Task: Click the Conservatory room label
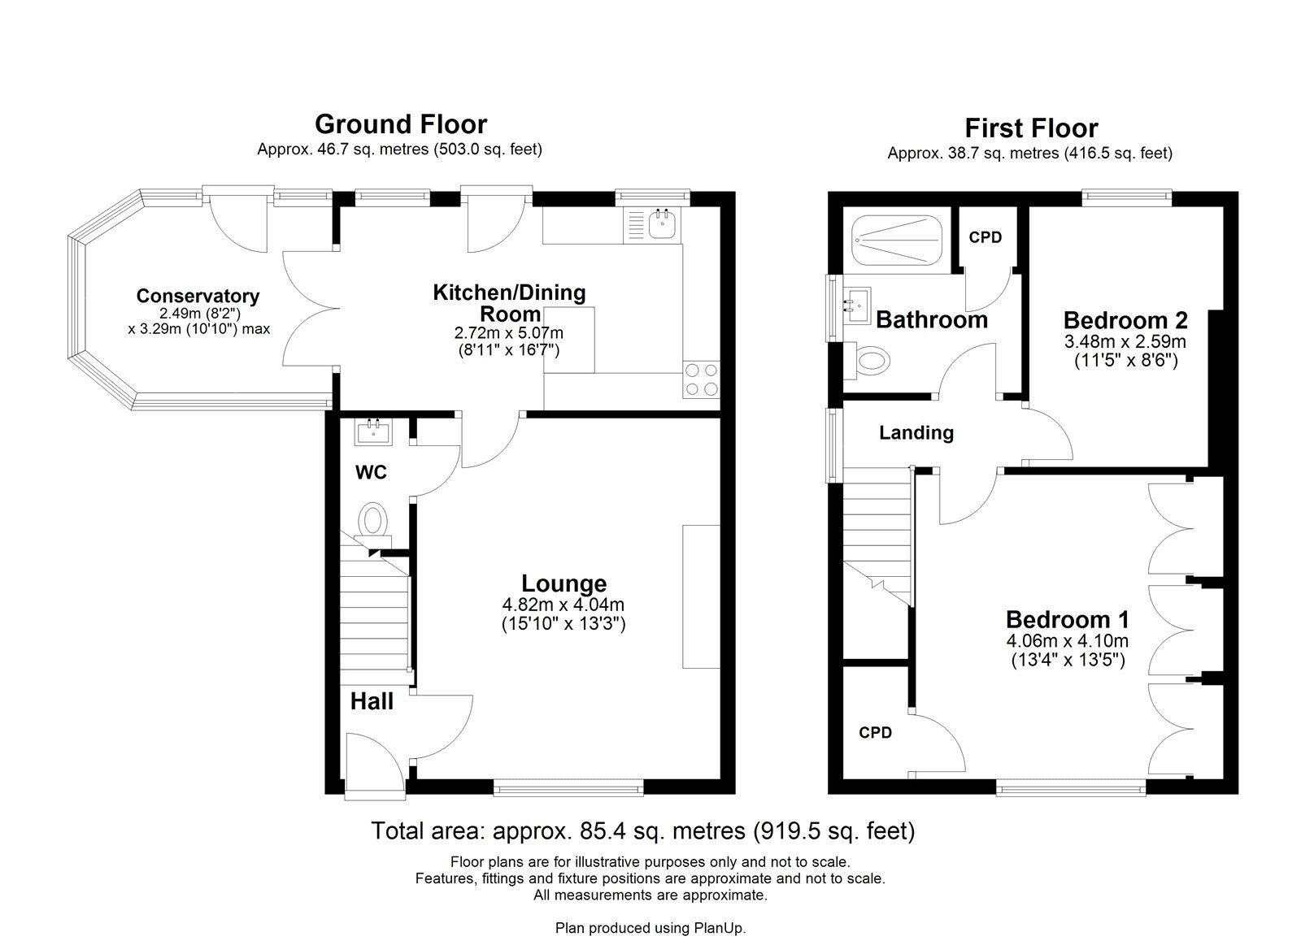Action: click(x=198, y=296)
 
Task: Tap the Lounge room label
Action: click(x=564, y=583)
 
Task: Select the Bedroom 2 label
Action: click(x=1125, y=320)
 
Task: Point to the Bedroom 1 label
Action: click(x=1068, y=620)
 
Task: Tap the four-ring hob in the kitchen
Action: click(x=701, y=379)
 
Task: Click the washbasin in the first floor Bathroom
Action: click(x=857, y=306)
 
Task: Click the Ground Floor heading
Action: click(x=401, y=124)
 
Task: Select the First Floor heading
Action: click(x=1032, y=128)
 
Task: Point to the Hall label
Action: click(x=372, y=701)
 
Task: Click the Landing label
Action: click(x=916, y=433)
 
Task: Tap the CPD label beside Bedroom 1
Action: click(x=875, y=733)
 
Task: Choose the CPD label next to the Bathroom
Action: click(x=986, y=237)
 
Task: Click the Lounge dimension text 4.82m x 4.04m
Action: click(x=563, y=605)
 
